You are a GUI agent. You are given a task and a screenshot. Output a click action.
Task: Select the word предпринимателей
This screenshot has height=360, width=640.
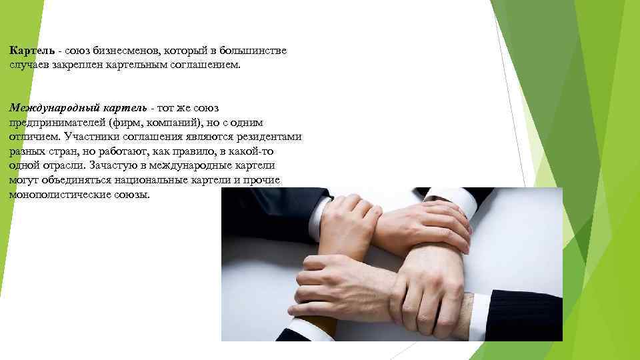pyautogui.click(x=58, y=123)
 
